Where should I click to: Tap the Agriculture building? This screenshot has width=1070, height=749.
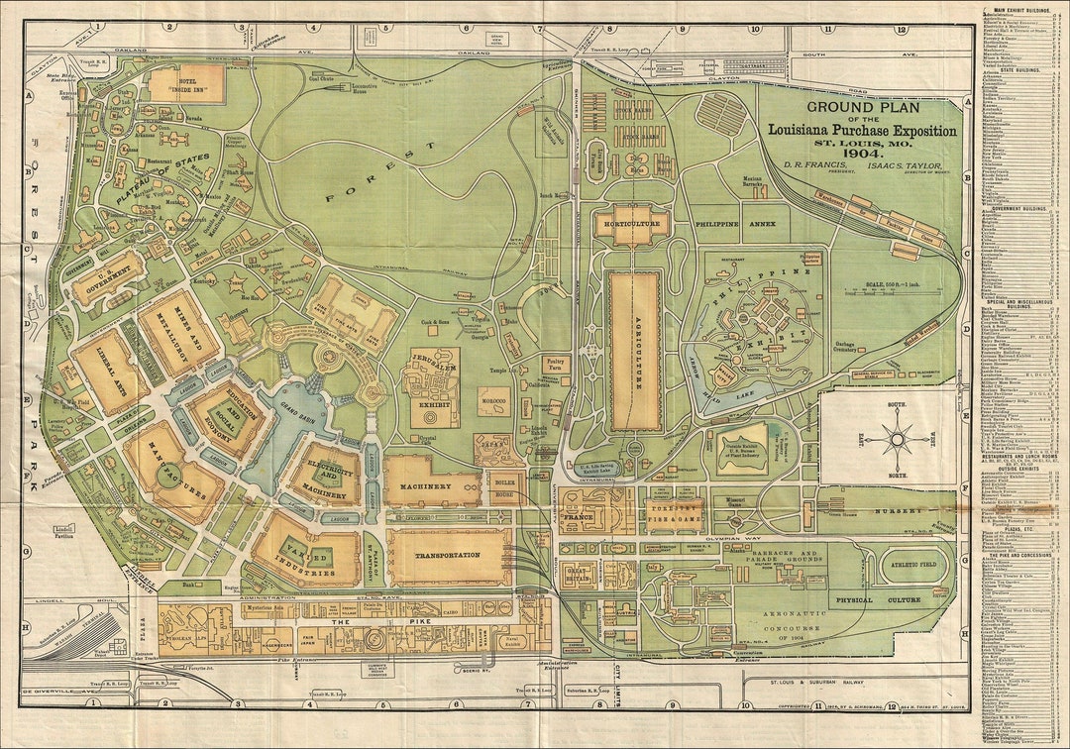[634, 352]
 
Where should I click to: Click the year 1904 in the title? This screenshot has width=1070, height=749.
[862, 154]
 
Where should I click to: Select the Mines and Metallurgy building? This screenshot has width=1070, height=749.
[179, 331]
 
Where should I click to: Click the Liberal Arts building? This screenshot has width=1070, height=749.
[110, 373]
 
